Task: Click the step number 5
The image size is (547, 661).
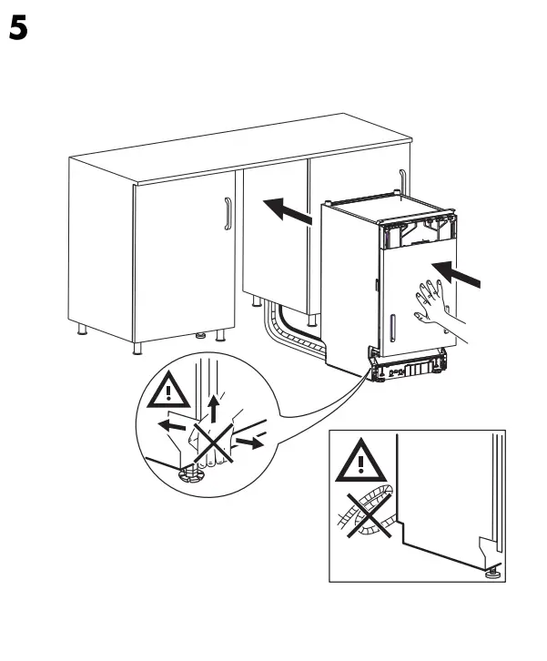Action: (x=19, y=29)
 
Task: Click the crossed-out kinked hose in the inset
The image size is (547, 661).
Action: (x=364, y=515)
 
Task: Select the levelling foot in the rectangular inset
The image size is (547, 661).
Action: (x=492, y=571)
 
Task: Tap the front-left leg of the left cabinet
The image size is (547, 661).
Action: (x=137, y=347)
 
